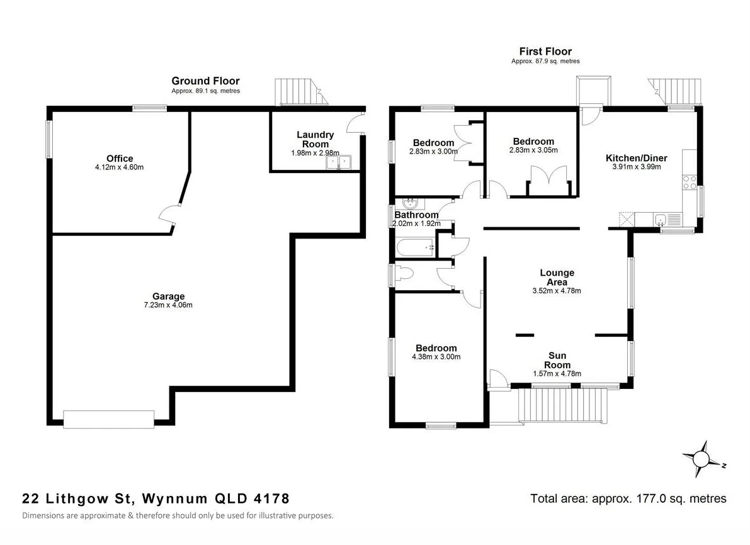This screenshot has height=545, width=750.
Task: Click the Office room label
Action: tap(120, 159)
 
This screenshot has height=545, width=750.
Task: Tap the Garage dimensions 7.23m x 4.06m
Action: tap(168, 306)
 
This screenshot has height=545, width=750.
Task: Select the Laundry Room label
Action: tap(315, 139)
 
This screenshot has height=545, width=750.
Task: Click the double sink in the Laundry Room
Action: tap(340, 162)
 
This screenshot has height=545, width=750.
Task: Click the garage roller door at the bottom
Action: tap(109, 419)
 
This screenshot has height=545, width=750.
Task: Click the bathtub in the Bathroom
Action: tap(416, 248)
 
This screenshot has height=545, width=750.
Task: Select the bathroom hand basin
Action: tap(410, 203)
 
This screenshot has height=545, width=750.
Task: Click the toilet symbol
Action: tap(403, 274)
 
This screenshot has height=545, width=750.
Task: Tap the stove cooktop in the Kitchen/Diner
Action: tap(688, 182)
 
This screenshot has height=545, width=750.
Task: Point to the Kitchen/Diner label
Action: tap(636, 158)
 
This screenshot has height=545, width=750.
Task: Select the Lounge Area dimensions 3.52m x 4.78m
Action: tap(557, 291)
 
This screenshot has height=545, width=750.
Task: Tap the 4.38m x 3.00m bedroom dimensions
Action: tap(436, 357)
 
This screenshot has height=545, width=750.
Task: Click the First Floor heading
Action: tap(545, 51)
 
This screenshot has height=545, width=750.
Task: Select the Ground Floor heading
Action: tap(205, 81)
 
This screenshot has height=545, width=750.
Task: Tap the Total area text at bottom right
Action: tap(628, 498)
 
